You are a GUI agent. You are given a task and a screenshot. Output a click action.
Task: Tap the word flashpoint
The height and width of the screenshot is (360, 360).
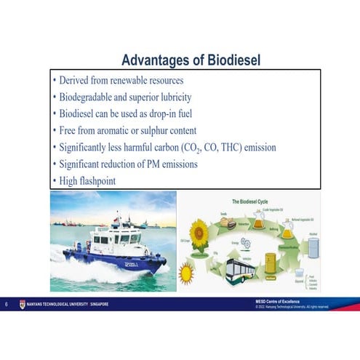[98, 180]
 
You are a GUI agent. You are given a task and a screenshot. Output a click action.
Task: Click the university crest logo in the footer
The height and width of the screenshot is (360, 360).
[20, 304]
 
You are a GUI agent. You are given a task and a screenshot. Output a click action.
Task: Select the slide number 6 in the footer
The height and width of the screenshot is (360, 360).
[7, 304]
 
